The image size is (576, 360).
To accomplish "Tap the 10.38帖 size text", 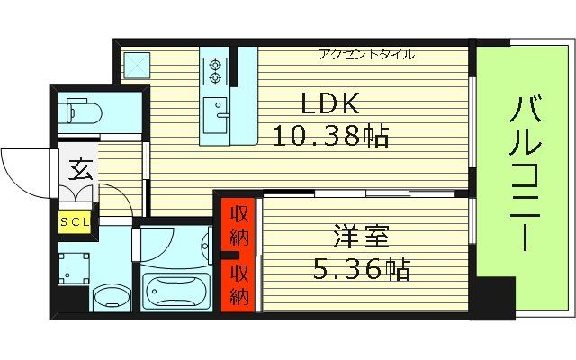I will coord(330,137).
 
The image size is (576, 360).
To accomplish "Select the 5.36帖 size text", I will coord(363,268).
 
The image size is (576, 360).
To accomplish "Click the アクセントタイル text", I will coord(366,54).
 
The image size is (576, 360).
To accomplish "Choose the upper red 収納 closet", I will coord(239,227).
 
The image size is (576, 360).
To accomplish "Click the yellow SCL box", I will coord(75,220).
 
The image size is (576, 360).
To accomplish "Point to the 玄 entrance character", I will coord(79,168).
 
